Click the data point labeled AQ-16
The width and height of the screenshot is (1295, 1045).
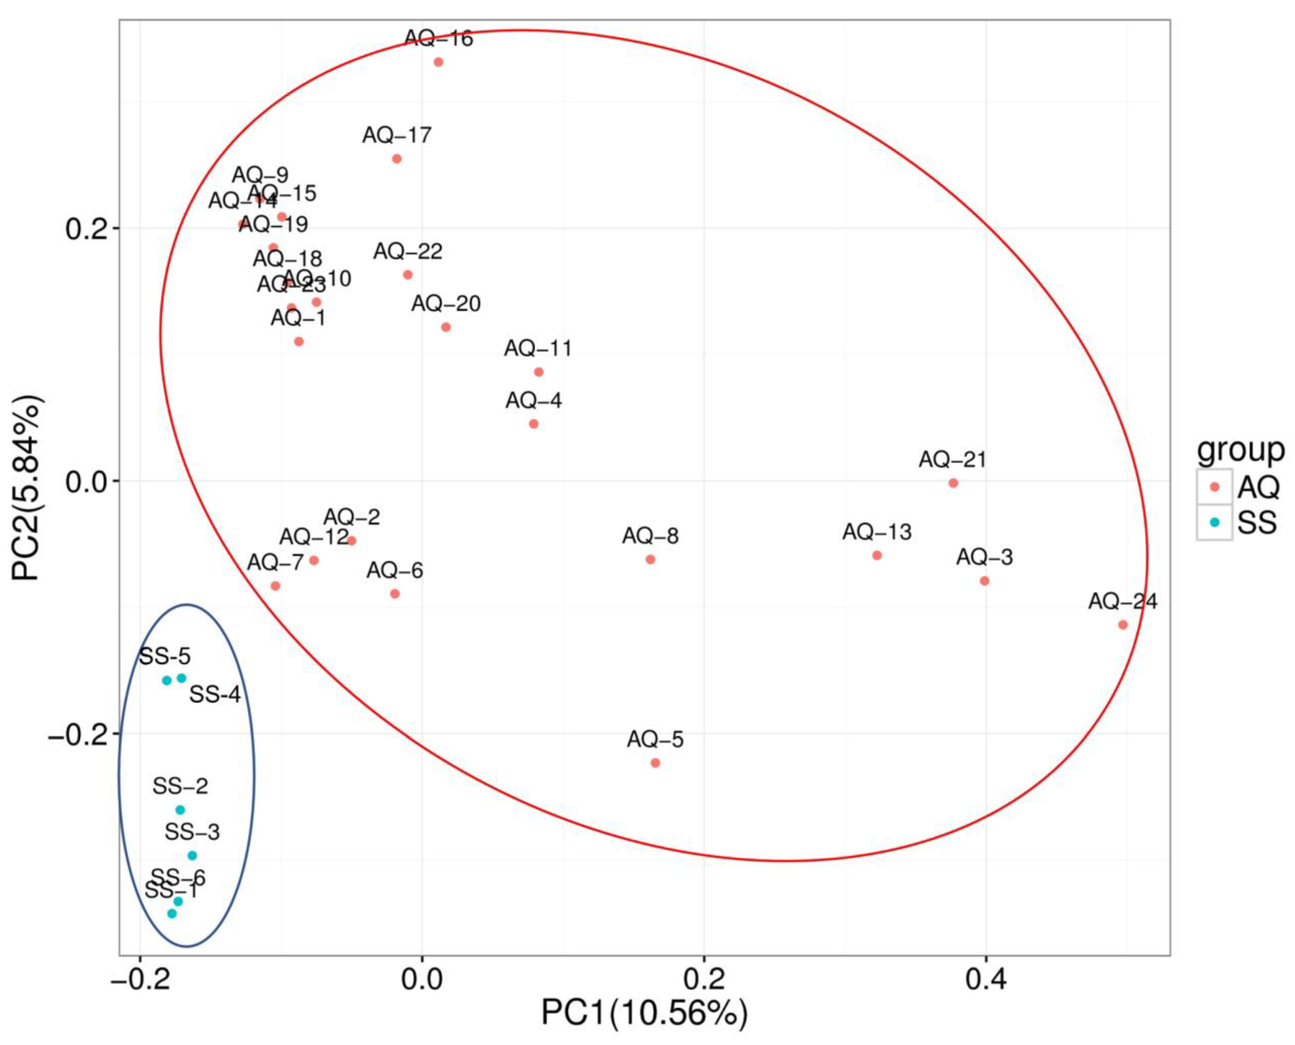pyautogui.click(x=438, y=62)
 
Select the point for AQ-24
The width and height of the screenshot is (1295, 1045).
pyautogui.click(x=1123, y=625)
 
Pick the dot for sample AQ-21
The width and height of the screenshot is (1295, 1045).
pyautogui.click(x=953, y=483)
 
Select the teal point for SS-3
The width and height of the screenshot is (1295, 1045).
pyautogui.click(x=192, y=855)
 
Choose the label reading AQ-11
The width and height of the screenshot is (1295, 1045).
pyautogui.click(x=538, y=349)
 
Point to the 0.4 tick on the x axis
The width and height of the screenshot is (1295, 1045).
pyautogui.click(x=985, y=980)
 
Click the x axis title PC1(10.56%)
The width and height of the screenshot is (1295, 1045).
pyautogui.click(x=644, y=1013)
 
